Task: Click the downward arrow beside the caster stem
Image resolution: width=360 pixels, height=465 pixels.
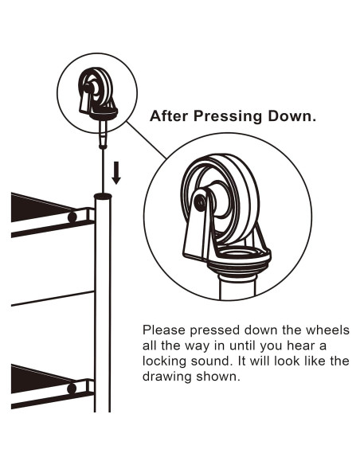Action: tap(116, 173)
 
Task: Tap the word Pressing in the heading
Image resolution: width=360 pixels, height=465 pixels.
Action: tap(228, 116)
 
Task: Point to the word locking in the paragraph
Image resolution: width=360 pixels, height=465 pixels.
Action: tap(164, 361)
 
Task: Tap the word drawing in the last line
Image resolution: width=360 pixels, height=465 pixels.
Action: tap(166, 377)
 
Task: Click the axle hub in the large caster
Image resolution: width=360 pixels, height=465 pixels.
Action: tap(200, 202)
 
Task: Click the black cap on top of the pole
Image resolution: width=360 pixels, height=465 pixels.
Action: tap(103, 196)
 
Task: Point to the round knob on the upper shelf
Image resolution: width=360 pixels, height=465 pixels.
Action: tap(72, 217)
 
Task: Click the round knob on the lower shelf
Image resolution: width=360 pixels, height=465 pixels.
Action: tap(72, 389)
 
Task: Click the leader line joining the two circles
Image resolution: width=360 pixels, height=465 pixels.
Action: tap(147, 140)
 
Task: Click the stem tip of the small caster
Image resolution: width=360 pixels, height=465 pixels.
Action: tap(103, 146)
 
